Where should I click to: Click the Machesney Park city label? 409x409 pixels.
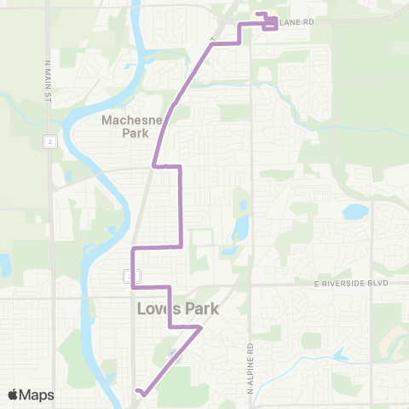click(x=125, y=126)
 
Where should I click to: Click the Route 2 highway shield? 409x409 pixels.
click(x=52, y=141)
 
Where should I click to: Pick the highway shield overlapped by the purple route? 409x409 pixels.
click(x=132, y=275)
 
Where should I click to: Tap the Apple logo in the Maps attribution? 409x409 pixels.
click(x=14, y=395)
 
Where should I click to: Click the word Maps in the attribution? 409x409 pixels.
click(x=37, y=395)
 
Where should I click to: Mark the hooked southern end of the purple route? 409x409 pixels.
click(x=138, y=392)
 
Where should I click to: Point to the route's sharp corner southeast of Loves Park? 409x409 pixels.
click(x=201, y=327)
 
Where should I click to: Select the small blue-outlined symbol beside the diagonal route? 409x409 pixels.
click(x=175, y=353)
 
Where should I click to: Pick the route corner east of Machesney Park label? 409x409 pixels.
click(x=180, y=167)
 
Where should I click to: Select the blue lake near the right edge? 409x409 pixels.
click(x=354, y=210)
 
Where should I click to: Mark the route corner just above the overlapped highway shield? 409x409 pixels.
click(x=132, y=249)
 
